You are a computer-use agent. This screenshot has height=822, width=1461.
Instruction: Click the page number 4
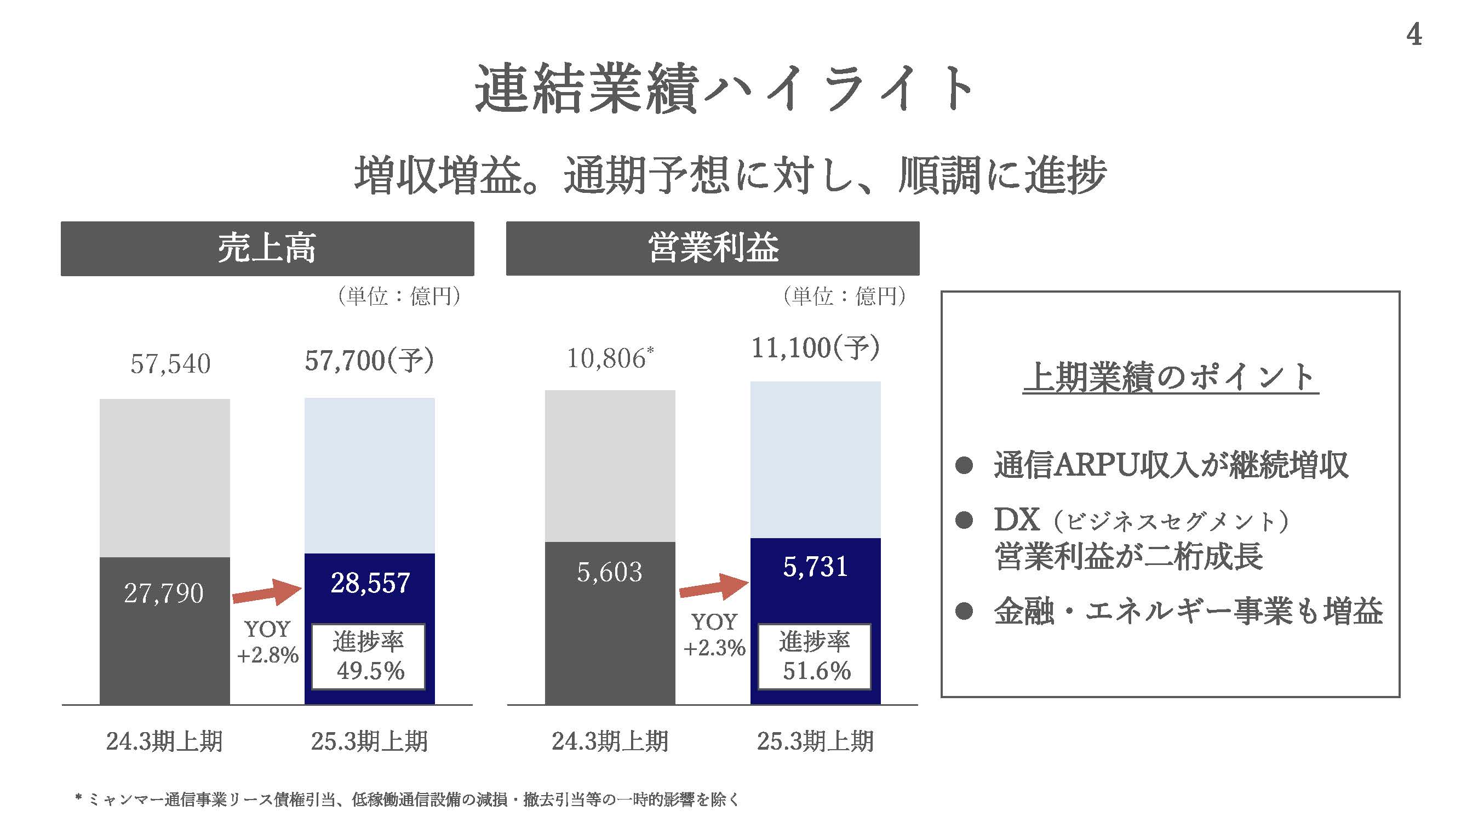[1413, 35]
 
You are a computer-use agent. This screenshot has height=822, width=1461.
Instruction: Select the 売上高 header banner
[267, 248]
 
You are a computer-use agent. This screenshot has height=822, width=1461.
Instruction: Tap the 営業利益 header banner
[712, 248]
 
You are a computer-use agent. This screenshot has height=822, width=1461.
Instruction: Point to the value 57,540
[170, 364]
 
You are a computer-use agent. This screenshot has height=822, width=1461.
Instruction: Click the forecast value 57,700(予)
[369, 360]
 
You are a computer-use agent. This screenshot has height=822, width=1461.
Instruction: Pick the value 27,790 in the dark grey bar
[164, 593]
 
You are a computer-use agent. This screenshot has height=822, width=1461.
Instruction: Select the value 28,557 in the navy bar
[370, 583]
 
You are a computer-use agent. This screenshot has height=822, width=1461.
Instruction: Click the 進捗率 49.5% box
[369, 657]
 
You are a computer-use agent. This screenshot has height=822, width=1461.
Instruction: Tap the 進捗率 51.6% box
[815, 657]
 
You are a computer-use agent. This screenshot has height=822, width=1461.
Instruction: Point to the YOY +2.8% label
[267, 642]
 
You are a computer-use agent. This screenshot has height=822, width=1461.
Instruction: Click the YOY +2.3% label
[713, 635]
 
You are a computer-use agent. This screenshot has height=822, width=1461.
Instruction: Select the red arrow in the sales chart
[267, 592]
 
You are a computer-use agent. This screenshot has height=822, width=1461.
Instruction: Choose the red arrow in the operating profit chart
[713, 587]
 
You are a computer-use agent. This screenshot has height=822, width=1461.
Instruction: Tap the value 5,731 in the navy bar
[815, 567]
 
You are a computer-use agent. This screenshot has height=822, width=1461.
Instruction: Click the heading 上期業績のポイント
[1171, 376]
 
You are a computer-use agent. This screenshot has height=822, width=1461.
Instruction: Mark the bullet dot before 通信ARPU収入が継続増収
[964, 465]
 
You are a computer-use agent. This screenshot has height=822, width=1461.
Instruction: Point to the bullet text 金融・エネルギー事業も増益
[1188, 612]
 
